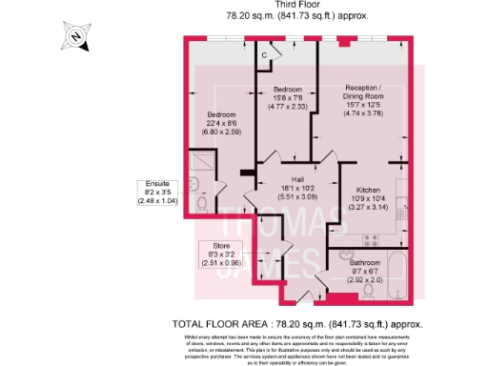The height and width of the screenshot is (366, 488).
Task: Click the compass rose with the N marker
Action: [75, 39]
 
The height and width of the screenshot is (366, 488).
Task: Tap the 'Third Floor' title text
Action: [299, 6]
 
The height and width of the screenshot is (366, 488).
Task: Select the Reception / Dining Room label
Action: [364, 91]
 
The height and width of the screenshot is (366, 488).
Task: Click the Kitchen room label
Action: [368, 189]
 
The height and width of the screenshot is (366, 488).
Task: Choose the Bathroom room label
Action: [364, 262]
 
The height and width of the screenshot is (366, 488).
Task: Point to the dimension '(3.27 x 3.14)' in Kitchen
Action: [368, 207]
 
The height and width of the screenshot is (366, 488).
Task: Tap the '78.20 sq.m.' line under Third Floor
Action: [299, 17]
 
